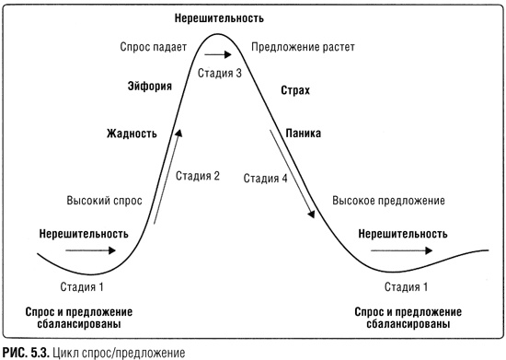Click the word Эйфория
[x=149, y=88]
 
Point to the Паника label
[x=303, y=134]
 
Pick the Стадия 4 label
[x=266, y=179]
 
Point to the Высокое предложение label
[x=388, y=200]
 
